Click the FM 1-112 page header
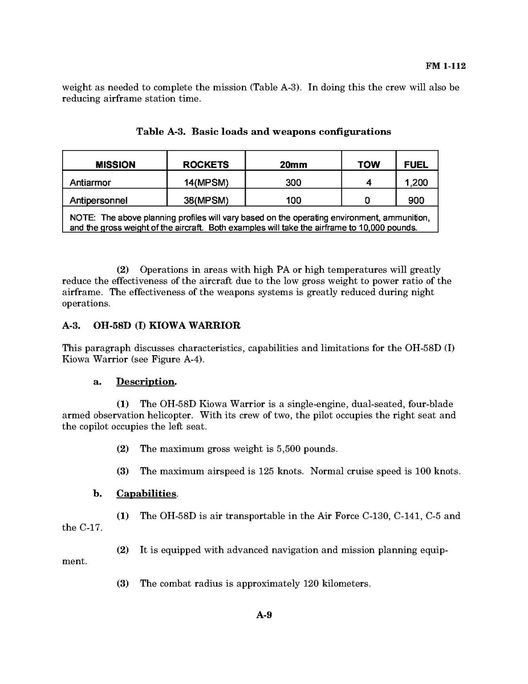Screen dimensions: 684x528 click(x=445, y=66)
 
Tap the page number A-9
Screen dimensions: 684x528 click(x=264, y=615)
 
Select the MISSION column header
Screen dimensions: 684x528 click(x=115, y=164)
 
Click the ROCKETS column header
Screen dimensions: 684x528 click(x=206, y=164)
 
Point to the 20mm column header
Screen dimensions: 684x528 click(x=293, y=164)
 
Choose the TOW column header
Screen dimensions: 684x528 click(x=368, y=164)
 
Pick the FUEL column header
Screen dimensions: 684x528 click(x=416, y=164)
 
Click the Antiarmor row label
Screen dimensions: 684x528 click(x=90, y=183)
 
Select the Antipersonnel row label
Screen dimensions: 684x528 click(x=99, y=200)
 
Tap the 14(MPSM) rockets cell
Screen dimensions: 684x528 click(x=206, y=183)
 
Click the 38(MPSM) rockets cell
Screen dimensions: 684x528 click(x=206, y=200)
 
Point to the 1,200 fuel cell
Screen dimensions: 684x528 click(x=416, y=183)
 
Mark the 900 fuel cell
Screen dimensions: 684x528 click(x=416, y=200)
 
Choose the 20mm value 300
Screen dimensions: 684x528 click(x=293, y=183)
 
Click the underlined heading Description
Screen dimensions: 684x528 click(x=147, y=381)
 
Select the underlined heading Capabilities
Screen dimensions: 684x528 click(x=147, y=493)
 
